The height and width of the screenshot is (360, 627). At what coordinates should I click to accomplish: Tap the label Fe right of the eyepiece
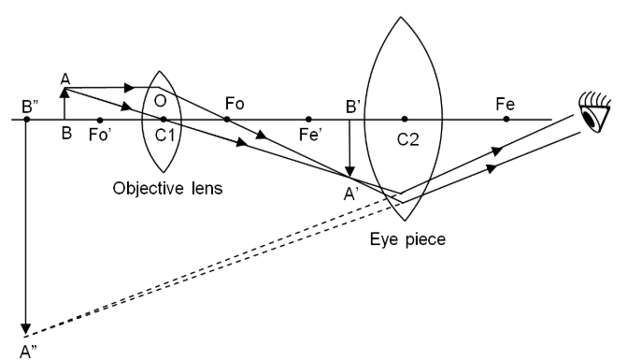[506, 103]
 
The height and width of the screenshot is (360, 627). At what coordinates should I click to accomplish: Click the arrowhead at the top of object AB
[64, 91]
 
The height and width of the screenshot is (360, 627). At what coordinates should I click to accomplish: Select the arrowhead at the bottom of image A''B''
[27, 328]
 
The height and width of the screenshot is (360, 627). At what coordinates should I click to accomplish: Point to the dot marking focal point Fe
[506, 120]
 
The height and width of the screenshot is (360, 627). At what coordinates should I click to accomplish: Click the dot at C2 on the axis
[404, 120]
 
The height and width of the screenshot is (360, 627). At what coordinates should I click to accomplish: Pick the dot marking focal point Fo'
[99, 120]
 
